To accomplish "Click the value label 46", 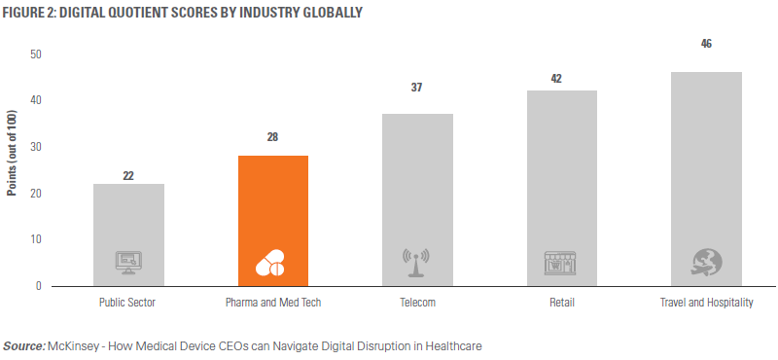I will coord(706,44).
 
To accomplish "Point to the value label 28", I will coord(273,137).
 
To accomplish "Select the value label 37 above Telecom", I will coord(417,88).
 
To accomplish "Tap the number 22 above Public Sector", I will coord(128,176).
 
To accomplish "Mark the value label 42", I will coord(561,79).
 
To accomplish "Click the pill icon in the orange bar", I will coord(273,263).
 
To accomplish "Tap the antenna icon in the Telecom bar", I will coord(417,262).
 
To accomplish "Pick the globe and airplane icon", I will coord(706,262).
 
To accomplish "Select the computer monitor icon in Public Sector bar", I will coord(128,262).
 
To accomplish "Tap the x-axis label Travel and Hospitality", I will coord(706,303).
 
